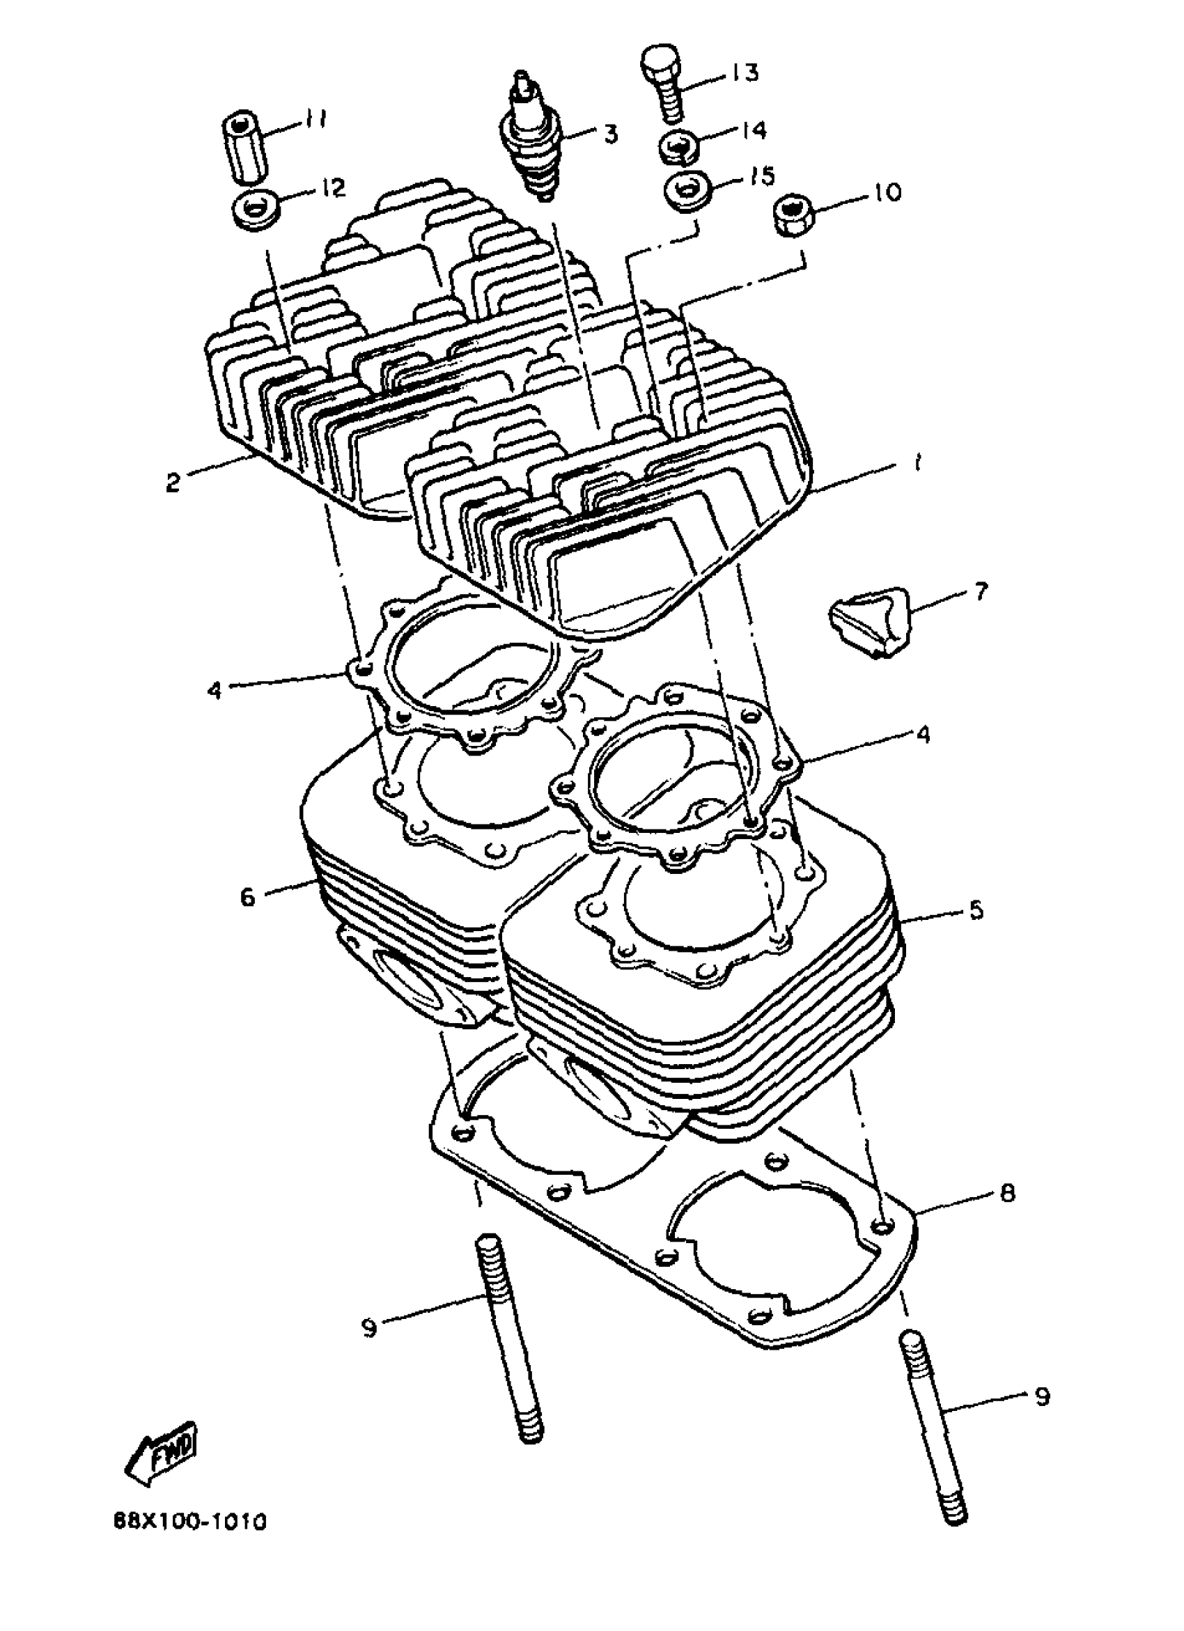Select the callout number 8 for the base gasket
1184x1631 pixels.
[x=1007, y=1194]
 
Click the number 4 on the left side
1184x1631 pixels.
[x=214, y=690]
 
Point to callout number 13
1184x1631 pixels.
[x=745, y=72]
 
